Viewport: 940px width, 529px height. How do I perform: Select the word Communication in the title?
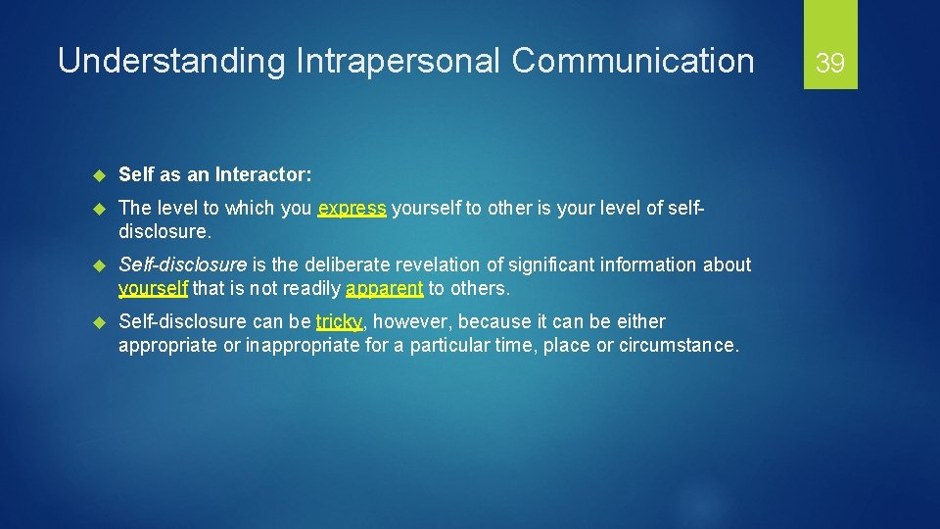click(633, 61)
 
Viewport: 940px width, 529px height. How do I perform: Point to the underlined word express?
click(352, 209)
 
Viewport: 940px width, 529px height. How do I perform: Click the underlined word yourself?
click(153, 289)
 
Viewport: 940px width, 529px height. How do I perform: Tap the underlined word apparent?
click(384, 289)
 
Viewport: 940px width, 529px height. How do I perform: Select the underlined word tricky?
click(339, 321)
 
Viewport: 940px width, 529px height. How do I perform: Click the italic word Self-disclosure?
click(182, 264)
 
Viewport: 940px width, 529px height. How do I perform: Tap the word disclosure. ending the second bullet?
click(164, 232)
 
